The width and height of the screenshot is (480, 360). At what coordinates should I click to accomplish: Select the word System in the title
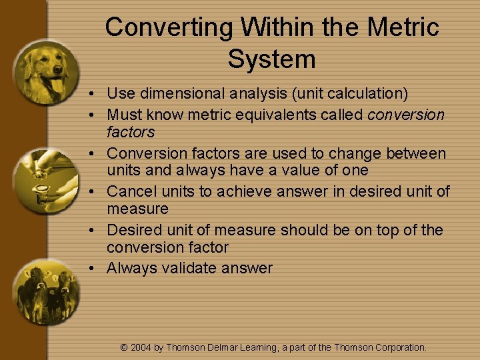click(x=271, y=59)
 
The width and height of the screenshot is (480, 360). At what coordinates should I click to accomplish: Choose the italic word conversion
click(x=405, y=115)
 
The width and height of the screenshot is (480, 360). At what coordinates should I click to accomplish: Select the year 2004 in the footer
click(x=141, y=347)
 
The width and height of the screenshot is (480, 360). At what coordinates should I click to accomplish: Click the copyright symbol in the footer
click(x=123, y=347)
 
